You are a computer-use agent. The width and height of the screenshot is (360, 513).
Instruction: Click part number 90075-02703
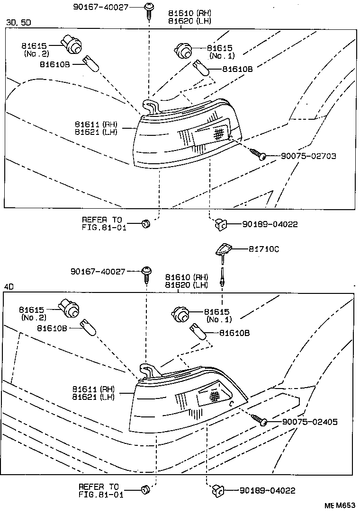308,156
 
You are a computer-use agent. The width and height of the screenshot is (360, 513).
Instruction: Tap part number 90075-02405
310,422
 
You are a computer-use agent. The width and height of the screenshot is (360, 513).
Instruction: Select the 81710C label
263,249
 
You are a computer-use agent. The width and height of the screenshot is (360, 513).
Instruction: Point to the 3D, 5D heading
18,22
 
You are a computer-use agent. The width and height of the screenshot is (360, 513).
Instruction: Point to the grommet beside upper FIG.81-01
146,223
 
